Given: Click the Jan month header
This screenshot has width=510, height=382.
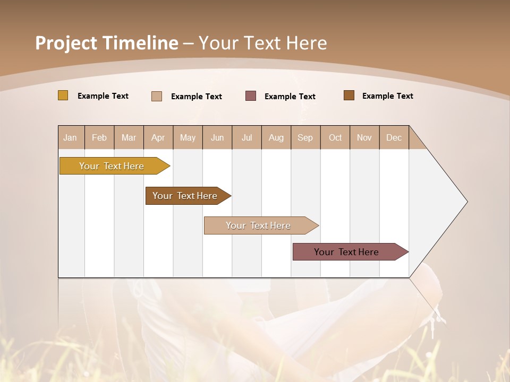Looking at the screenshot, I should (x=70, y=137).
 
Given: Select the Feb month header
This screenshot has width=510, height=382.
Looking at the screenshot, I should (x=99, y=137).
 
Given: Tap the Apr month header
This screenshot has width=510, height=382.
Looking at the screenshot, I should (x=158, y=137).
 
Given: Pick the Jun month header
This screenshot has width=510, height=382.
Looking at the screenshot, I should (x=217, y=137).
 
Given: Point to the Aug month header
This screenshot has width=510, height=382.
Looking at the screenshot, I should (x=276, y=137).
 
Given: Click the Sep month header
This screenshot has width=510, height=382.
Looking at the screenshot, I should (x=305, y=137).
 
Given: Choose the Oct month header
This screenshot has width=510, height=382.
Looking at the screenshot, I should (x=335, y=137).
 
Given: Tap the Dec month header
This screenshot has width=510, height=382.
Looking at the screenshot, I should (x=394, y=137).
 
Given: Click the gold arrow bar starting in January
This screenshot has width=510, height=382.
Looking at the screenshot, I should (x=112, y=166).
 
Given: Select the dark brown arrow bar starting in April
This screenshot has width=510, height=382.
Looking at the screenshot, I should (x=185, y=196).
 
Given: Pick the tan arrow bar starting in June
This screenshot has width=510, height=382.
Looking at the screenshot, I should (x=258, y=225).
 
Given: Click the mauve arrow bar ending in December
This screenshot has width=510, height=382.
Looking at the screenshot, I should (x=346, y=252).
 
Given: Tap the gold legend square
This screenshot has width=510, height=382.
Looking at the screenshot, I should (x=63, y=95).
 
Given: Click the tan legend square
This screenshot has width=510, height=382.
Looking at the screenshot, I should (x=157, y=96).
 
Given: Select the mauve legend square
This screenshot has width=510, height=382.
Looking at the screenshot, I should (x=251, y=95).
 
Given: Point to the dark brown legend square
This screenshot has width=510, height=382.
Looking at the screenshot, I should (x=349, y=95).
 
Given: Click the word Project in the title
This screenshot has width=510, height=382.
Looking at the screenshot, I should (x=66, y=43).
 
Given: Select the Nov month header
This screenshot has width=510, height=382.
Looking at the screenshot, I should (x=364, y=137).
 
